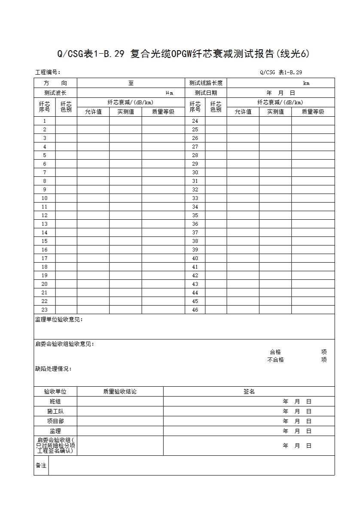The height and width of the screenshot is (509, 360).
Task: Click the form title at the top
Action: pos(183,54)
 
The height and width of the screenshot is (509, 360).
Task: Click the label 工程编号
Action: pos(47,73)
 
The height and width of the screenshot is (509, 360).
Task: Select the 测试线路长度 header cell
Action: pos(206,83)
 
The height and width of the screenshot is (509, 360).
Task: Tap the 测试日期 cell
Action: pos(206,93)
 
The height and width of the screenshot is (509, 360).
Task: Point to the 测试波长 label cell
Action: pos(55,93)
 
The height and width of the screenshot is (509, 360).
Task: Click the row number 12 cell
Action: pos(45,215)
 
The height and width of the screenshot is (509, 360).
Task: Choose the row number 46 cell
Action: pos(195,310)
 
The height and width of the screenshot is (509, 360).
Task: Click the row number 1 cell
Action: pos(45,121)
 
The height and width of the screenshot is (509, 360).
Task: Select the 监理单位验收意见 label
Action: pos(59,320)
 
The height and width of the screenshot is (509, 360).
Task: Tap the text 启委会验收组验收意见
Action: pos(64,344)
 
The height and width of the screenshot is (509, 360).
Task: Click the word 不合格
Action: pos(275,360)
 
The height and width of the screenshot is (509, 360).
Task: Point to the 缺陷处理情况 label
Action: pos(53,369)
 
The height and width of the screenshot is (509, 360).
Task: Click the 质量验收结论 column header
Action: pos(120,391)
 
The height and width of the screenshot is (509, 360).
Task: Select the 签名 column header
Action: pos(249,391)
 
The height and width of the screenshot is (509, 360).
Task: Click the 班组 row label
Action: pos(55,402)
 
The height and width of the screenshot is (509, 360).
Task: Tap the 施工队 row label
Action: pos(55,412)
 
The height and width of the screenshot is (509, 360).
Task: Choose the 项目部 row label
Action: pos(55,421)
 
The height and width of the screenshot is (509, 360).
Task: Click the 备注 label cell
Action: pos(41,466)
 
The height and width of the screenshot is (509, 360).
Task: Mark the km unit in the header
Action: pos(306,83)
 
